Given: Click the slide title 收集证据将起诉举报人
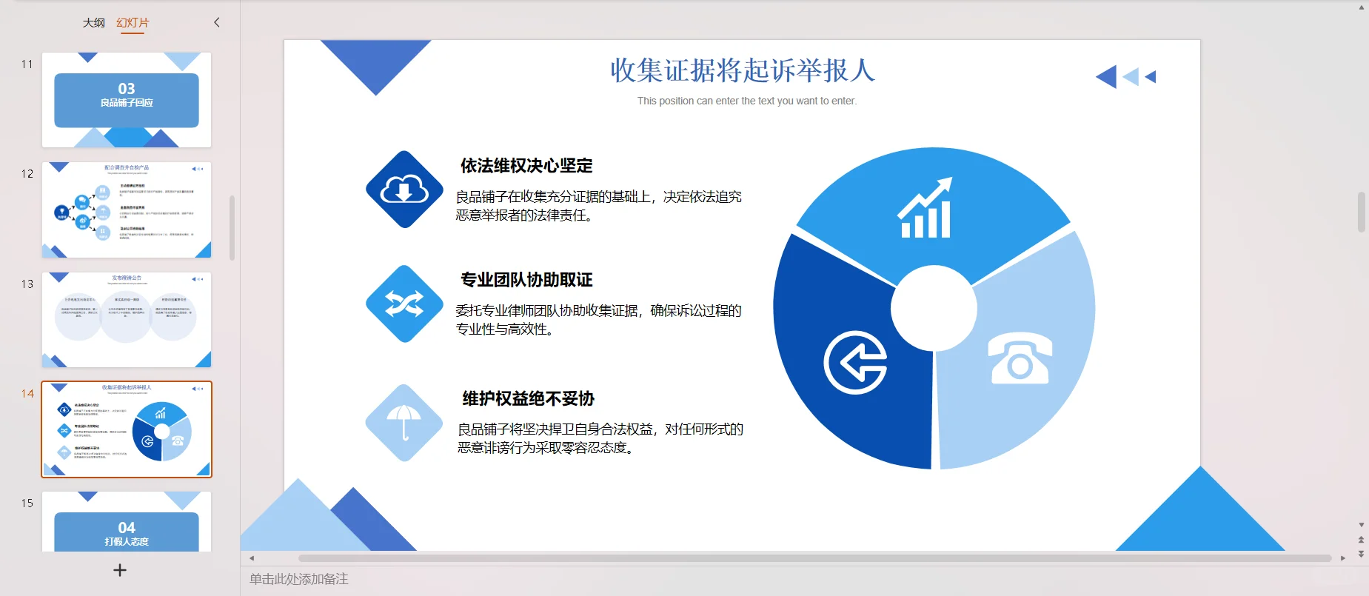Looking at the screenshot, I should tap(743, 71).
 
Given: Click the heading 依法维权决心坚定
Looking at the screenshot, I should tap(526, 166).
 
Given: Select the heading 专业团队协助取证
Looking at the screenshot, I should tap(526, 280).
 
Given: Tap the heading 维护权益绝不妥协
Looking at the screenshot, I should tap(528, 399).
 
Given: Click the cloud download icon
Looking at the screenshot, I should tap(404, 190).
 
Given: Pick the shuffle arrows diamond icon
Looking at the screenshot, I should tap(404, 304).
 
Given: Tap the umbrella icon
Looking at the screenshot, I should tap(404, 422).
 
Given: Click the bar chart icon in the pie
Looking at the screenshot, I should tap(925, 210).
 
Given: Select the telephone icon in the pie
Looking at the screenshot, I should tap(1020, 360).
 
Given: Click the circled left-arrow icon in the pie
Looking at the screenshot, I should tap(855, 363).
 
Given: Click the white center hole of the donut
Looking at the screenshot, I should tap(934, 308).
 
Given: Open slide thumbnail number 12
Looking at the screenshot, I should tap(127, 210).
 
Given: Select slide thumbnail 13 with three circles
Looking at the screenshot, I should tap(127, 320).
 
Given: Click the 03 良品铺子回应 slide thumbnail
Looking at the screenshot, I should tap(127, 100).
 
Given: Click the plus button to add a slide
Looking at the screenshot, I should tap(120, 570).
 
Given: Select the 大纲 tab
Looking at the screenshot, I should tap(93, 23).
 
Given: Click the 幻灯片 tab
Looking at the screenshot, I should tap(133, 23).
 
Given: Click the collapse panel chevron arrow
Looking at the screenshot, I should tap(217, 22).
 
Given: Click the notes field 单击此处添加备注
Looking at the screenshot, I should tap(299, 579).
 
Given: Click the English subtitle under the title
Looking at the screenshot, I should tap(746, 101).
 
